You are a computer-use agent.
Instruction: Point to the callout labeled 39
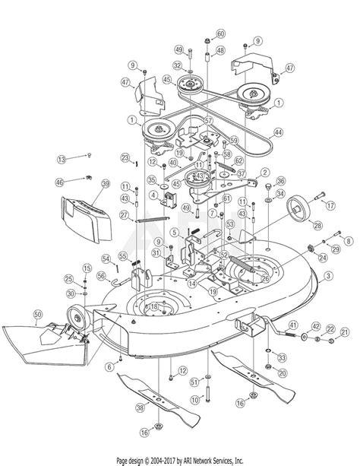tap(106, 183)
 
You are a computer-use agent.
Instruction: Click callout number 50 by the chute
tap(38, 314)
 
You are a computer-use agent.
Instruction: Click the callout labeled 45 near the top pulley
tap(167, 78)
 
